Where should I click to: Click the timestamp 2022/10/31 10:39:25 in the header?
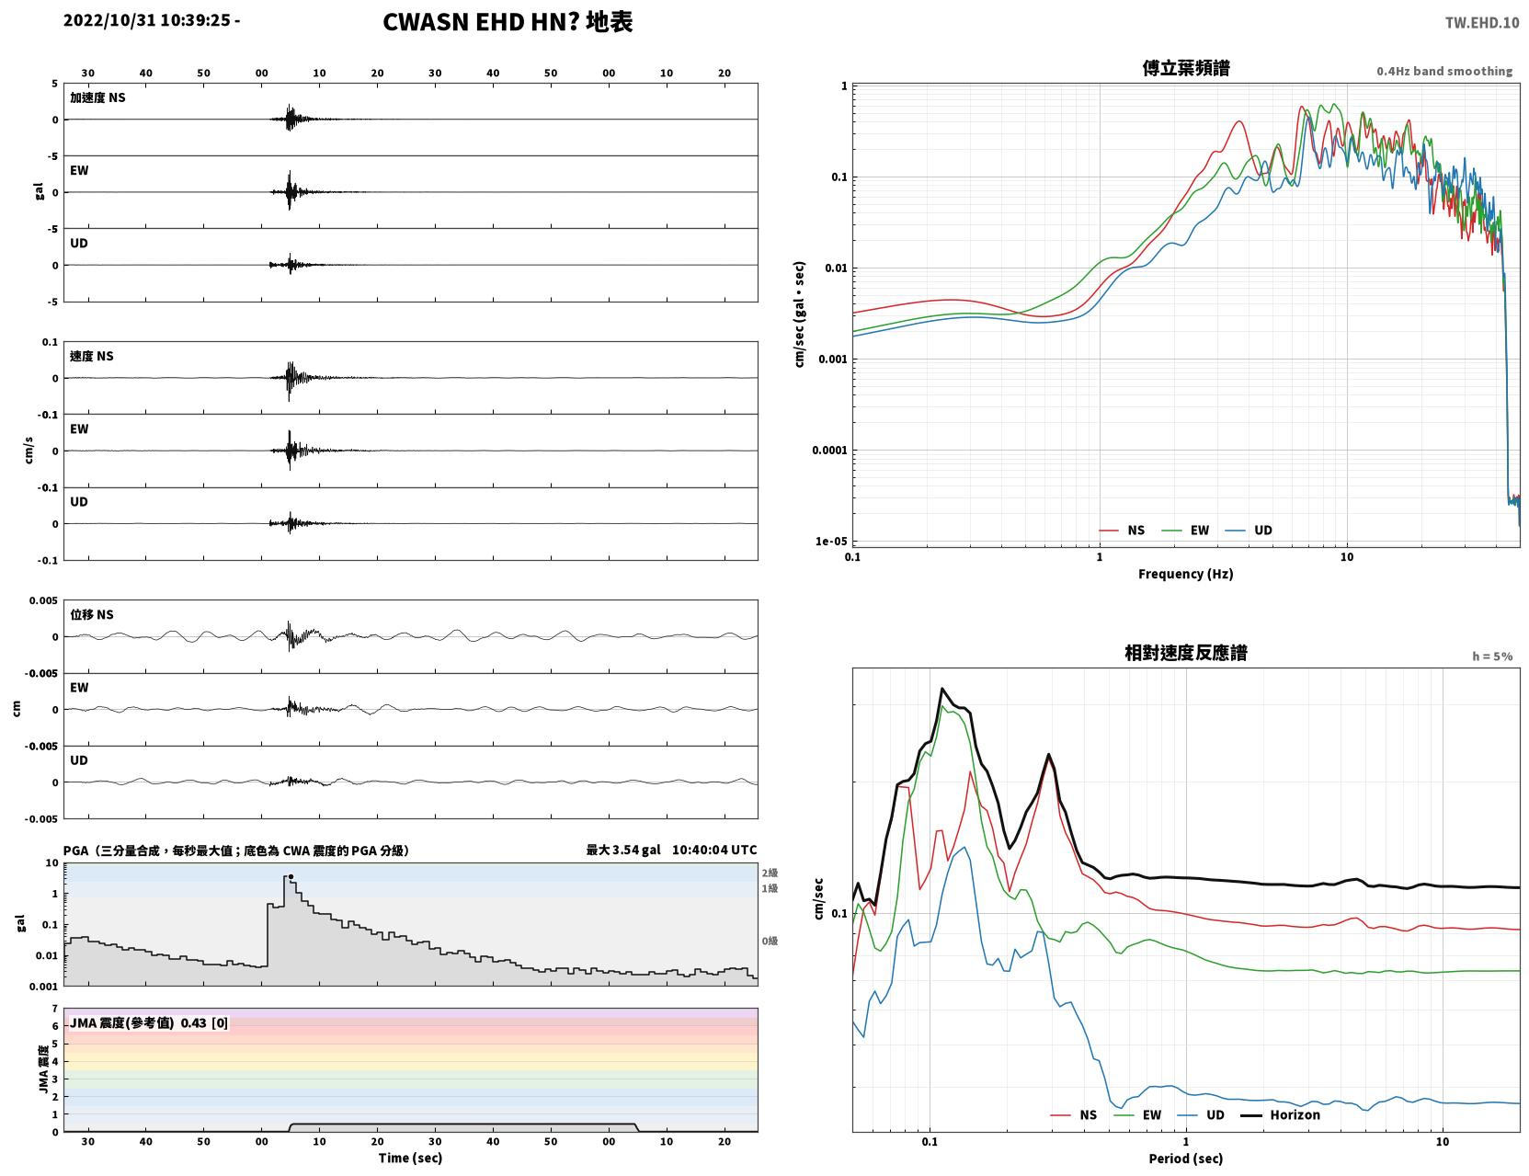click(147, 20)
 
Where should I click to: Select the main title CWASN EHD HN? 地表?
click(508, 22)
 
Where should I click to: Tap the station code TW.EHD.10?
click(1482, 22)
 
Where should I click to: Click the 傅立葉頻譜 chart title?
click(1186, 68)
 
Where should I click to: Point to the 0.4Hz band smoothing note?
click(1443, 71)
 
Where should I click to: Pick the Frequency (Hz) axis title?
click(1186, 574)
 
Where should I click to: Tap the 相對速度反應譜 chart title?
click(1186, 653)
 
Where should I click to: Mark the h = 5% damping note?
click(1492, 657)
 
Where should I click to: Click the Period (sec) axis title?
click(1186, 1159)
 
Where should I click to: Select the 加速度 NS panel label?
click(97, 97)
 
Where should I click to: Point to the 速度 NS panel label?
click(91, 356)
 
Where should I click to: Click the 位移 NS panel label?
click(91, 614)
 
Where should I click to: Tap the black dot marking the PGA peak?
click(291, 876)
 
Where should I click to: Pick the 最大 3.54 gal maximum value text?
click(623, 850)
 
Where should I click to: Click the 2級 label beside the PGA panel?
click(770, 873)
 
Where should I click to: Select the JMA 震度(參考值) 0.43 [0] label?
click(148, 1022)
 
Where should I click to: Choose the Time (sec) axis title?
click(410, 1158)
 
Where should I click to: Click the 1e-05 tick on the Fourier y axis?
click(831, 541)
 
